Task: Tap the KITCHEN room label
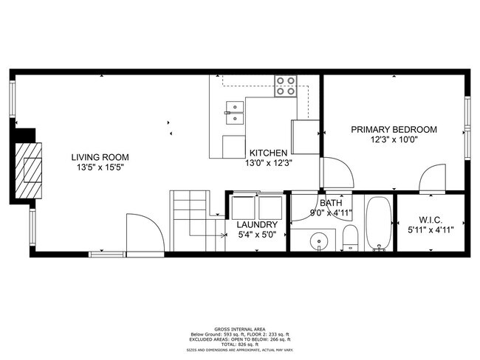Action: (x=268, y=153)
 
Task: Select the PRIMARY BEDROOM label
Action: (x=394, y=129)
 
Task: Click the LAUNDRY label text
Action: (x=257, y=225)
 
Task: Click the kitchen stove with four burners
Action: (x=287, y=87)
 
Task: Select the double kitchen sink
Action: (x=234, y=115)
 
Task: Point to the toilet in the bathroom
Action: (x=350, y=237)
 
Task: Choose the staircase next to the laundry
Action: (x=192, y=214)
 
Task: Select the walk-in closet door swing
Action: (x=433, y=178)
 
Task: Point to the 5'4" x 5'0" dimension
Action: (x=257, y=235)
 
